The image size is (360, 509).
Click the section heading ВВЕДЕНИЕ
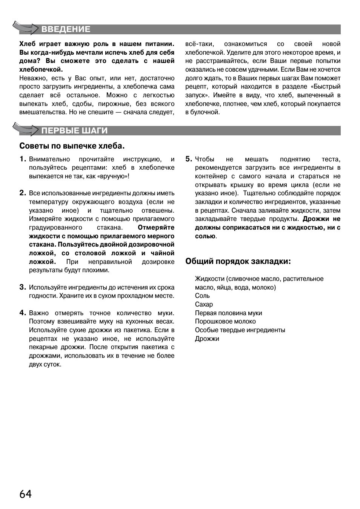66,29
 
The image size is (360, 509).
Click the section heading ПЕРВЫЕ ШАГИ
74,131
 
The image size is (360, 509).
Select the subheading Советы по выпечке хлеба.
72,146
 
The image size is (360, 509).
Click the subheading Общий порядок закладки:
238,261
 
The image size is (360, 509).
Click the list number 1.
23,159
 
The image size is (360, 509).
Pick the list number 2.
23,193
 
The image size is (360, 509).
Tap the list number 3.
23,287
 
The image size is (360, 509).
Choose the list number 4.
23,313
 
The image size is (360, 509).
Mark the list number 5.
189,159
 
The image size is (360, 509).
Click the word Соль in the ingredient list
202,296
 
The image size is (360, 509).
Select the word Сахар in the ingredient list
204,305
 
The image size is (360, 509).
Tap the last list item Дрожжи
207,339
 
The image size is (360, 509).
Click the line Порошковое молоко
225,322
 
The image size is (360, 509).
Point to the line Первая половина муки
228,313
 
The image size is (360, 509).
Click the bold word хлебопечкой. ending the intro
41,70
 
